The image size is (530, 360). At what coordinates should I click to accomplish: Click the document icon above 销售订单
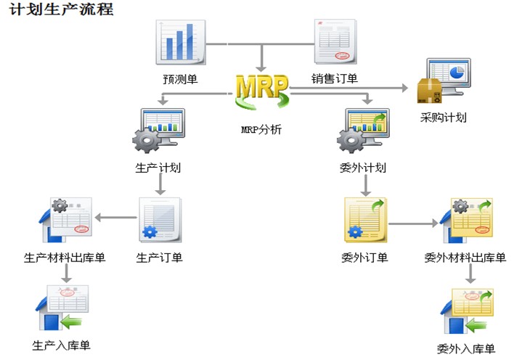[x=335, y=42]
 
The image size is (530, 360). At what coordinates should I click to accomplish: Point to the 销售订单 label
[x=335, y=78]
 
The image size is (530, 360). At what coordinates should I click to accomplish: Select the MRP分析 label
[x=261, y=129]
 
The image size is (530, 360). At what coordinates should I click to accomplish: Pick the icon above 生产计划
[x=158, y=131]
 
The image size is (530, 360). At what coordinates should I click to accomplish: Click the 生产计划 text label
[x=158, y=168]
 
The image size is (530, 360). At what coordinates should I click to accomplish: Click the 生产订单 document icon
[x=160, y=220]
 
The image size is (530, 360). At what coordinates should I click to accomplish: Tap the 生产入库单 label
[x=62, y=345]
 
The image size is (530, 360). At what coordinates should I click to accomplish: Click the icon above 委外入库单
[x=468, y=311]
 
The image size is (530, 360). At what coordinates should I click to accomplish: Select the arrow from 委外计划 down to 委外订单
[x=365, y=186]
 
